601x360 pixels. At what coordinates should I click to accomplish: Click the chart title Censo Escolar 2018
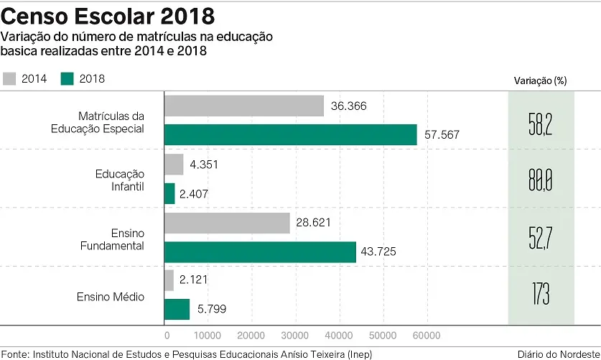108,16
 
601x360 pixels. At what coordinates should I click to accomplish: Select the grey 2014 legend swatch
10,78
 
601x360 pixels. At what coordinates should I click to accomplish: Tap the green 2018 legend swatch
68,78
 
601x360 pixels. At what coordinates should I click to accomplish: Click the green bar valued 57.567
291,134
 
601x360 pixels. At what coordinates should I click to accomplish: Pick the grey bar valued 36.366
244,106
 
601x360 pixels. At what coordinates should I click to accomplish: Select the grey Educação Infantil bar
174,165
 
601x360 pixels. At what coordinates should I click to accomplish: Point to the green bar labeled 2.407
169,193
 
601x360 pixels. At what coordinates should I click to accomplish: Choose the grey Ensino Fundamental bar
227,223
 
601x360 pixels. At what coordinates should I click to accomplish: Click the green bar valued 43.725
260,251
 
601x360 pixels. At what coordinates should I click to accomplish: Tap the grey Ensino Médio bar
169,280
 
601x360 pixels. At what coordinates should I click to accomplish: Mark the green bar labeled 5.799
177,309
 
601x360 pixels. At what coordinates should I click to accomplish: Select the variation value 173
541,294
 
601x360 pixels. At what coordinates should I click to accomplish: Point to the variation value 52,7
540,237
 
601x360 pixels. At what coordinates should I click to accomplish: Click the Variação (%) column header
540,80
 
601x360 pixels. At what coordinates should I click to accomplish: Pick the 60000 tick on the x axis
426,336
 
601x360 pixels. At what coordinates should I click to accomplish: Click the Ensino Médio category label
111,296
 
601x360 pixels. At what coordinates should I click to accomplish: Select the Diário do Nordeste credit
559,353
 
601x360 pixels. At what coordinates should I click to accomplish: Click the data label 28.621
314,223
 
